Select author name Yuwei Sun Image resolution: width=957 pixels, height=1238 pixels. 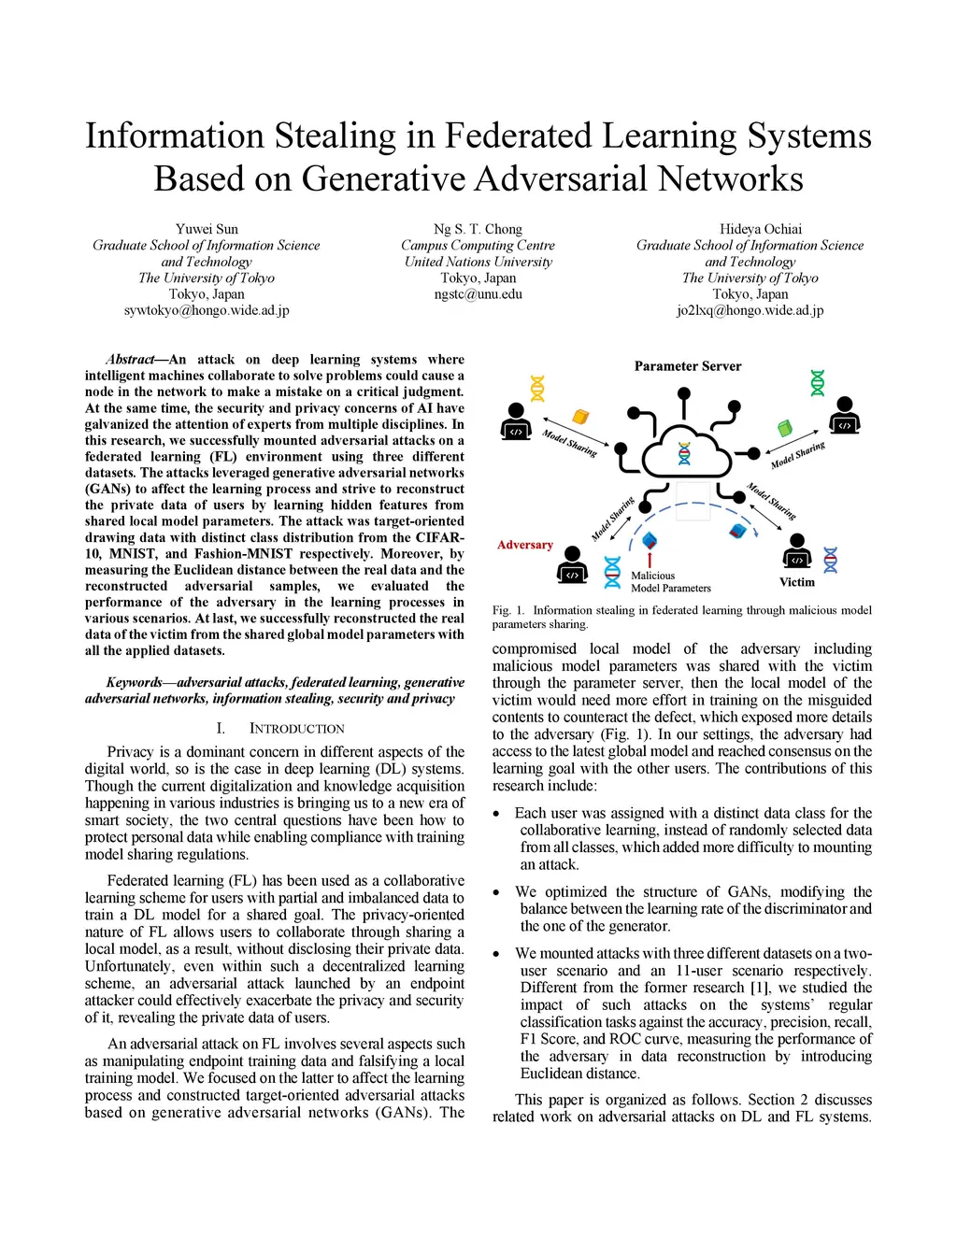(207, 229)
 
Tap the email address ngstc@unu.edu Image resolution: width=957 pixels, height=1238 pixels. (478, 294)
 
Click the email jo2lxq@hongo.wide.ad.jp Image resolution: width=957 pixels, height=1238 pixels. (750, 310)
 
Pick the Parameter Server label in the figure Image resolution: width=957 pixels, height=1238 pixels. (687, 366)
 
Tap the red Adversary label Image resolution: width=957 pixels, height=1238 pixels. (524, 545)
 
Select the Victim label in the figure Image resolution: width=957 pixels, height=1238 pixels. (796, 582)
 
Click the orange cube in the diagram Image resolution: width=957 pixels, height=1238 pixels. (580, 416)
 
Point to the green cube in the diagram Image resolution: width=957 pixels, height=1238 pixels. (784, 427)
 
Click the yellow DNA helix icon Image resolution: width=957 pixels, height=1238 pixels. (537, 388)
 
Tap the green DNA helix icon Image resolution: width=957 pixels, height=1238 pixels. (818, 382)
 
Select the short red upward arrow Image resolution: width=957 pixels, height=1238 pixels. (650, 560)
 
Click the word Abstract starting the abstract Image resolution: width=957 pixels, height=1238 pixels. (130, 360)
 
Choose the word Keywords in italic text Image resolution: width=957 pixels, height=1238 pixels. (135, 683)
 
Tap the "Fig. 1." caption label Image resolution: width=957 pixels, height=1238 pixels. (508, 610)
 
